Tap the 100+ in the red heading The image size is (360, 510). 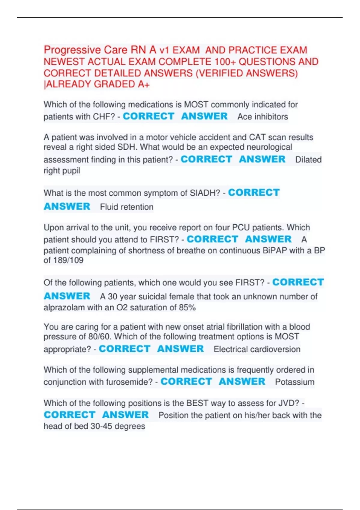pyautogui.click(x=225, y=62)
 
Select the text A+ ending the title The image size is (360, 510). pyautogui.click(x=144, y=85)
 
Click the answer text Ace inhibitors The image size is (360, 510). pyautogui.click(x=262, y=117)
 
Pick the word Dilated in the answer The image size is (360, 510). pyautogui.click(x=308, y=160)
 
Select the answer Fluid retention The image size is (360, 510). pyautogui.click(x=127, y=207)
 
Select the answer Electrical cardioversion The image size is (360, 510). pyautogui.click(x=257, y=349)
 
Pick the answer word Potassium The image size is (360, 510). pyautogui.click(x=295, y=382)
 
